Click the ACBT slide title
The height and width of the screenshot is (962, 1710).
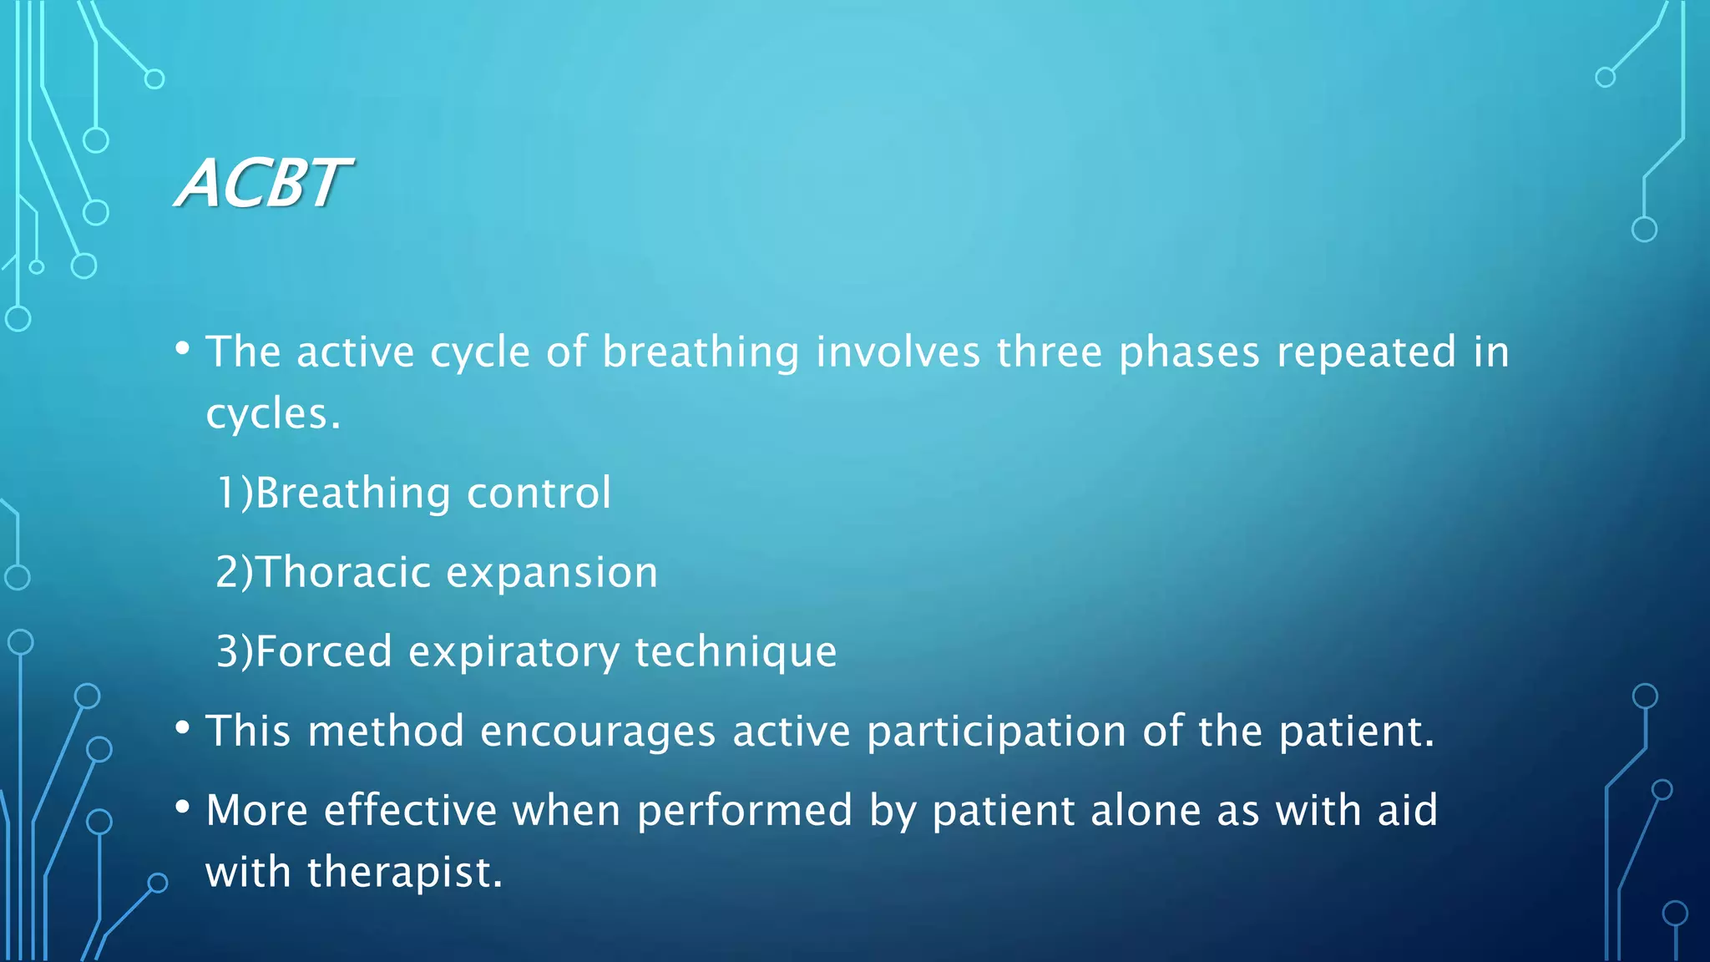point(263,183)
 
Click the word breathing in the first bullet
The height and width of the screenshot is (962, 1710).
point(701,352)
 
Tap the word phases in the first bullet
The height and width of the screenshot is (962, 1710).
point(1188,352)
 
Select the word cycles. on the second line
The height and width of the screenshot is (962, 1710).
point(273,414)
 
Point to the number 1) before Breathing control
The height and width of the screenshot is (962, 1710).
point(234,493)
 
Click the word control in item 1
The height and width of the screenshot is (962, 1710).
point(539,493)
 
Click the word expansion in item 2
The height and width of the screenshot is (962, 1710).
point(552,573)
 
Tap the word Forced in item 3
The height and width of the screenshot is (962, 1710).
point(323,651)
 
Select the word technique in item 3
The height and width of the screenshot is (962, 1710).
point(736,651)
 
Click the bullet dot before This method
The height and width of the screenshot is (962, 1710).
point(183,727)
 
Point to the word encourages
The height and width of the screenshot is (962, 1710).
point(598,732)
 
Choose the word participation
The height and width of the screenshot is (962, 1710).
point(997,732)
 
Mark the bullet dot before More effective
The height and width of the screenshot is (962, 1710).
point(183,807)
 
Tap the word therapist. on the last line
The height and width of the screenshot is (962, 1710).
point(405,872)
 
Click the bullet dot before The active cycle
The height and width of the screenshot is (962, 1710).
point(183,347)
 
